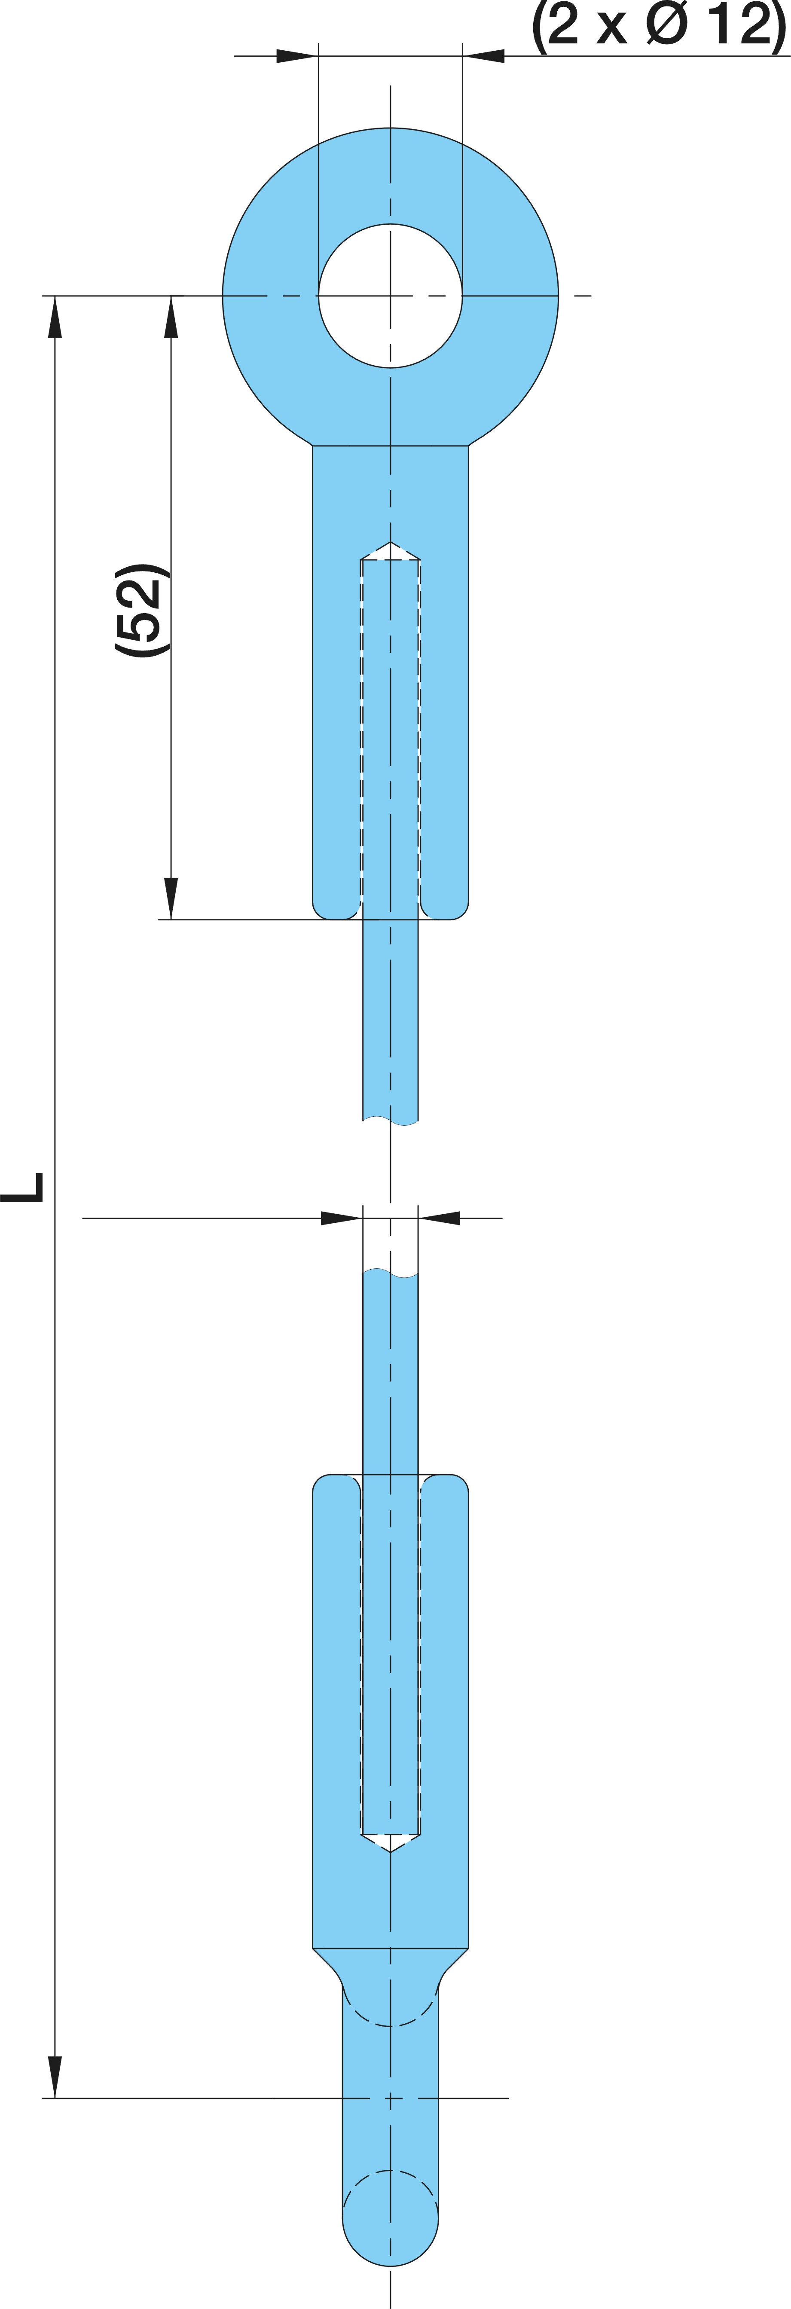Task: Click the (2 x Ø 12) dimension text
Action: pyautogui.click(x=659, y=25)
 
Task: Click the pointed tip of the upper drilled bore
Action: pyautogui.click(x=390, y=542)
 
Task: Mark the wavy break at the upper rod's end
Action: pyautogui.click(x=390, y=1120)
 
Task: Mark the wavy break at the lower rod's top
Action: pyautogui.click(x=390, y=1273)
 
